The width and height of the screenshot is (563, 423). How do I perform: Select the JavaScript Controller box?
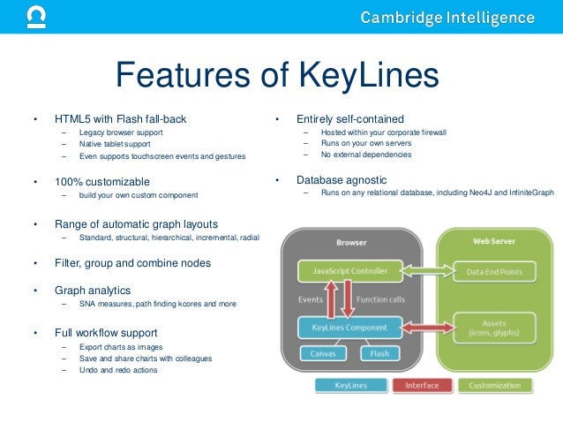tap(349, 271)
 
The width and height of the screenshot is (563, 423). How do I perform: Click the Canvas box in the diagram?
tap(322, 354)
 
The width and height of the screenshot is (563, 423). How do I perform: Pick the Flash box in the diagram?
tap(379, 354)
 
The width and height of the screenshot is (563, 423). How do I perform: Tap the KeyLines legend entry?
tap(350, 385)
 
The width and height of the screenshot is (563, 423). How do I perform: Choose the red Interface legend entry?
tap(422, 385)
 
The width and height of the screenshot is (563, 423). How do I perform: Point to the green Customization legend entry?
tap(494, 385)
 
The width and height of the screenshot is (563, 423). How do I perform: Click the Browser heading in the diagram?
tap(351, 241)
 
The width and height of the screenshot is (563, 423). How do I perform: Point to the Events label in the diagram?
tap(311, 299)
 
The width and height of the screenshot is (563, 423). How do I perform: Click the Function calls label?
tap(380, 299)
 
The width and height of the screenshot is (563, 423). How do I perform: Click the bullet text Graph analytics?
tap(92, 290)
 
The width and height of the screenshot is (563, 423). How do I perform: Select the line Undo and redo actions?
tap(118, 370)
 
